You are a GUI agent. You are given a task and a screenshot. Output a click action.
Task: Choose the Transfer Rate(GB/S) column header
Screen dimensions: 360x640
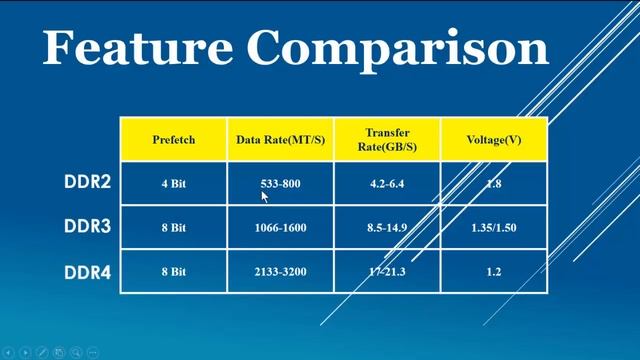click(x=386, y=140)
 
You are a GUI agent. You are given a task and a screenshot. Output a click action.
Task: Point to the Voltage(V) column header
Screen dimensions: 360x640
click(x=494, y=140)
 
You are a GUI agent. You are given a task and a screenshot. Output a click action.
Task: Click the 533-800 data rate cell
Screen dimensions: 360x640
click(x=279, y=184)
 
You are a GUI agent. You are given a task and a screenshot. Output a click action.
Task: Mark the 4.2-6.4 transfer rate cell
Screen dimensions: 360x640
click(x=386, y=184)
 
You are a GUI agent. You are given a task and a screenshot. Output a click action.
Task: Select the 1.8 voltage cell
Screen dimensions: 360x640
click(x=494, y=184)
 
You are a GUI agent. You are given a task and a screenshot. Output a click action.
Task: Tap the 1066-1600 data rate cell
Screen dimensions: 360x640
click(x=280, y=228)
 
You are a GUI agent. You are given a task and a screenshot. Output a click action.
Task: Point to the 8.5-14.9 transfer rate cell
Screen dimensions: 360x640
click(x=386, y=228)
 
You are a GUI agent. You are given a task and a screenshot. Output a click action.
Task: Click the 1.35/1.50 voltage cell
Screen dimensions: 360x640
click(x=494, y=228)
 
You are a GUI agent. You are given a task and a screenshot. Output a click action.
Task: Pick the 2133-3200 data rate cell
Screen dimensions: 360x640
click(x=280, y=272)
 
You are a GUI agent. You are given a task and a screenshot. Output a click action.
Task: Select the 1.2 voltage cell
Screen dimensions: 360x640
click(x=494, y=272)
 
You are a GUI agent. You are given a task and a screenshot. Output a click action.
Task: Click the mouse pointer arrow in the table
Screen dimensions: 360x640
click(x=265, y=197)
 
